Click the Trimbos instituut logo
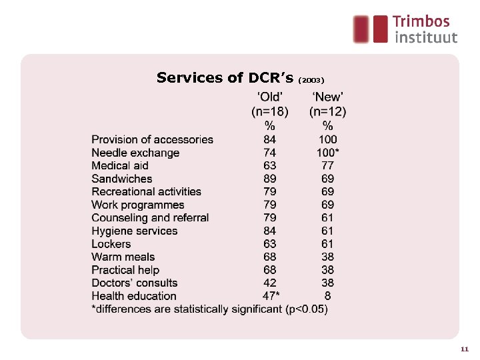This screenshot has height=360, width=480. point(405,29)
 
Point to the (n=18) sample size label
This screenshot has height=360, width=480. point(270,111)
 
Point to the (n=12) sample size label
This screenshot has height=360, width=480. point(327,111)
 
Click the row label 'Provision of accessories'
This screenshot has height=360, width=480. point(152,140)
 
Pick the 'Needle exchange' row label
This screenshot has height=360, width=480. point(135,153)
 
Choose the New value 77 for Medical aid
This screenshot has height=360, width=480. point(327,166)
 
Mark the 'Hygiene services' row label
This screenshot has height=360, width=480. point(134,231)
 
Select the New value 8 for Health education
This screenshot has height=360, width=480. point(327,296)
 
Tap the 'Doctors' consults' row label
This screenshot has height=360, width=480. point(134,283)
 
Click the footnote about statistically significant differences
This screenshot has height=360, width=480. point(209,309)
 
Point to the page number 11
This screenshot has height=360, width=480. point(465,349)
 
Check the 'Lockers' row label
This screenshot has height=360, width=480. point(111,244)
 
